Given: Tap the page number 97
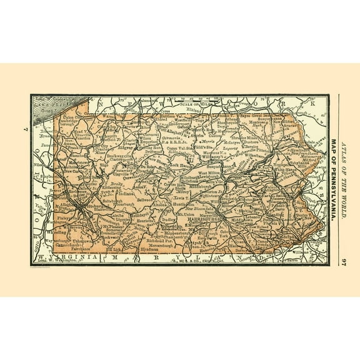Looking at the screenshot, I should (343, 258).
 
